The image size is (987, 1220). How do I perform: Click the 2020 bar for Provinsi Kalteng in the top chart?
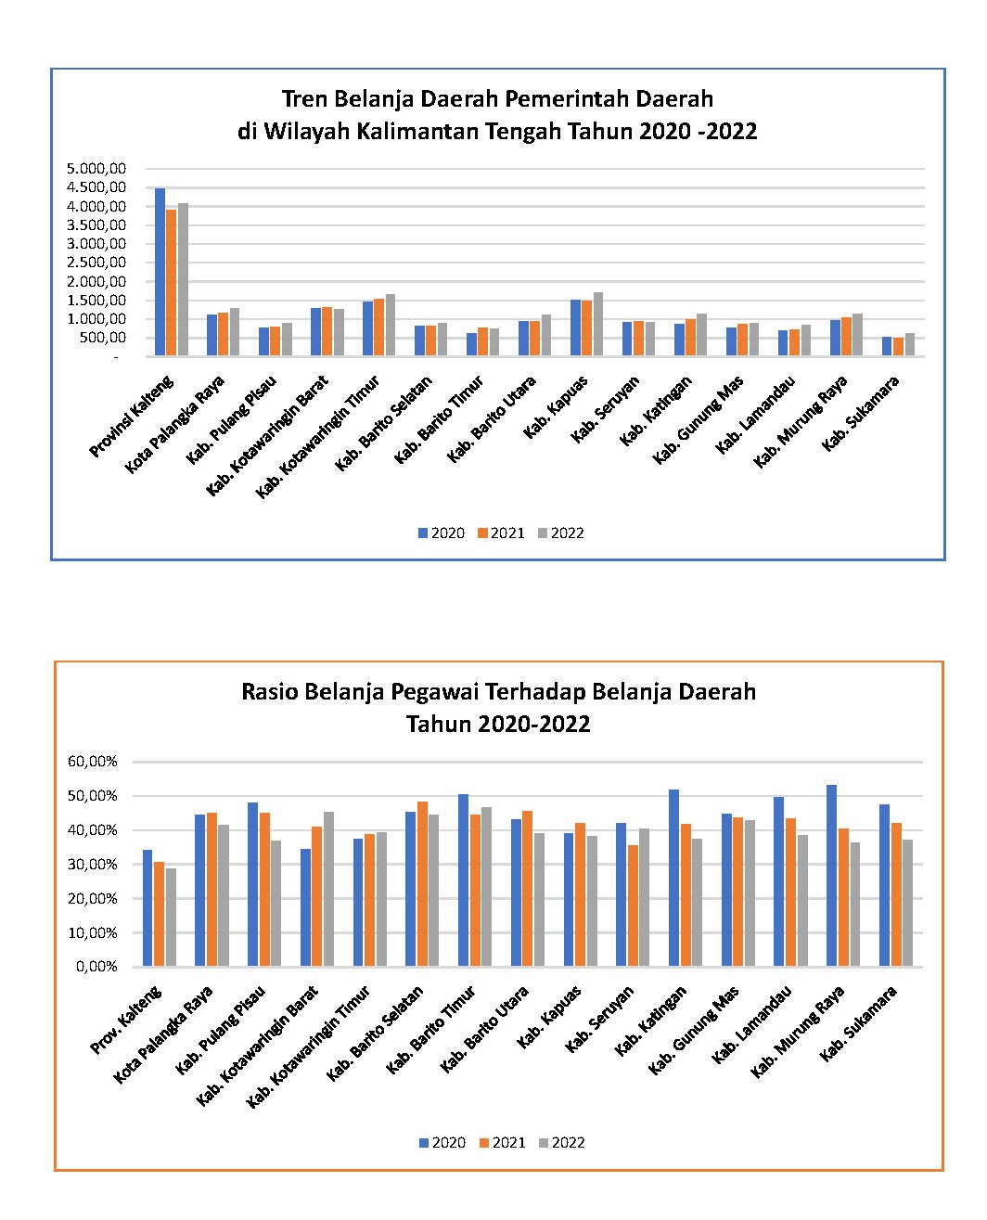[160, 272]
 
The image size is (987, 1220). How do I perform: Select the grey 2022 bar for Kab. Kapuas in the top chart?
[597, 324]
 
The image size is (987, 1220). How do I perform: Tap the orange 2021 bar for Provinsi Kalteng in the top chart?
[172, 282]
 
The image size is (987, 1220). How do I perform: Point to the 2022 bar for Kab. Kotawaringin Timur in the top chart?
[390, 325]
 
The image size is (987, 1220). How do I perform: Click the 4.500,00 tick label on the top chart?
[96, 187]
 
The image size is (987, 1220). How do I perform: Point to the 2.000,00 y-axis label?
[96, 281]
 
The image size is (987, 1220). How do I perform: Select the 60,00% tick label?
[92, 761]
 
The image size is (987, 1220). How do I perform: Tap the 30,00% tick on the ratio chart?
[92, 864]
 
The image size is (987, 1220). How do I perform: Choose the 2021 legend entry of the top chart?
[501, 533]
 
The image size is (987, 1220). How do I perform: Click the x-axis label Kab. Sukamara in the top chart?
[859, 413]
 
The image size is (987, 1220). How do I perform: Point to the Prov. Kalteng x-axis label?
[125, 1021]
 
